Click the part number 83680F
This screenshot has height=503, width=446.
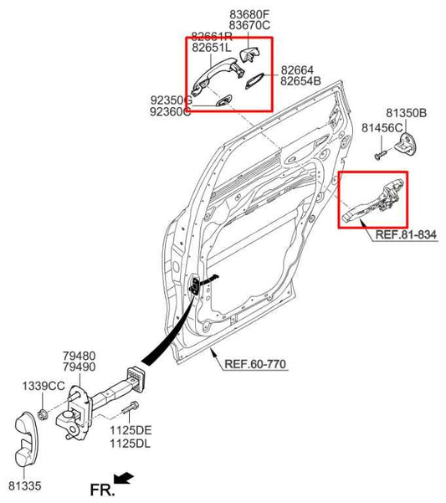249,13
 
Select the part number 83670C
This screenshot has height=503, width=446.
249,25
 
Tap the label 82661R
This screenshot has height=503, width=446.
212,37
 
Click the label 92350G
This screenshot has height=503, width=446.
171,100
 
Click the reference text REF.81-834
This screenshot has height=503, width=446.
407,237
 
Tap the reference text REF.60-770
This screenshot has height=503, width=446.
257,364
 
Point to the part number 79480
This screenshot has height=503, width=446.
79,355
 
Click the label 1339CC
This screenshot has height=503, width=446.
44,385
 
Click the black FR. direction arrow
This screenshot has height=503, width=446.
125,478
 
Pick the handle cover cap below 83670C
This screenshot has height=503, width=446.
249,55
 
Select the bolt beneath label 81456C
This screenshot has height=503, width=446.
380,154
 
